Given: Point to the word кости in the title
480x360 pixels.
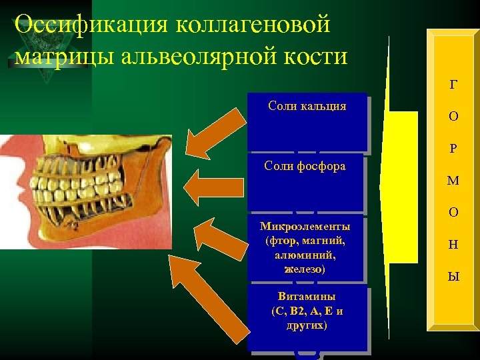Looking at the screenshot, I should (x=317, y=56).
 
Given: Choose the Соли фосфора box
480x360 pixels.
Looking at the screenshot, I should (x=307, y=183).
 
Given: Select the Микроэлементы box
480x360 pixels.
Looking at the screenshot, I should (x=307, y=247).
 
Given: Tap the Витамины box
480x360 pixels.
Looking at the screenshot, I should (x=307, y=317).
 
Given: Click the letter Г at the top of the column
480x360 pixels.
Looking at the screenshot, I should (x=453, y=85).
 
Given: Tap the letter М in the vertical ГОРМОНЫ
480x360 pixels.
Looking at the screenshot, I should (x=453, y=181).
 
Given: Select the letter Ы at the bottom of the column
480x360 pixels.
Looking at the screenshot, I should (x=453, y=277).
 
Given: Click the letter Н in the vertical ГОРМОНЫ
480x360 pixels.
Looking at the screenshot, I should (x=453, y=245).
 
